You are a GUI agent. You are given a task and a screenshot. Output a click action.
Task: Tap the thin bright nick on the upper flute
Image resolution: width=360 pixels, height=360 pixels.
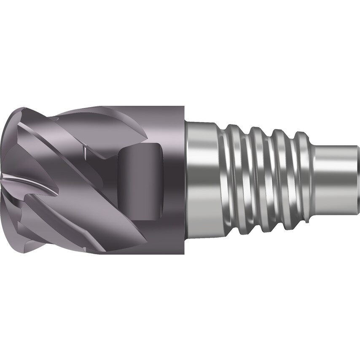[x=84, y=150]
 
